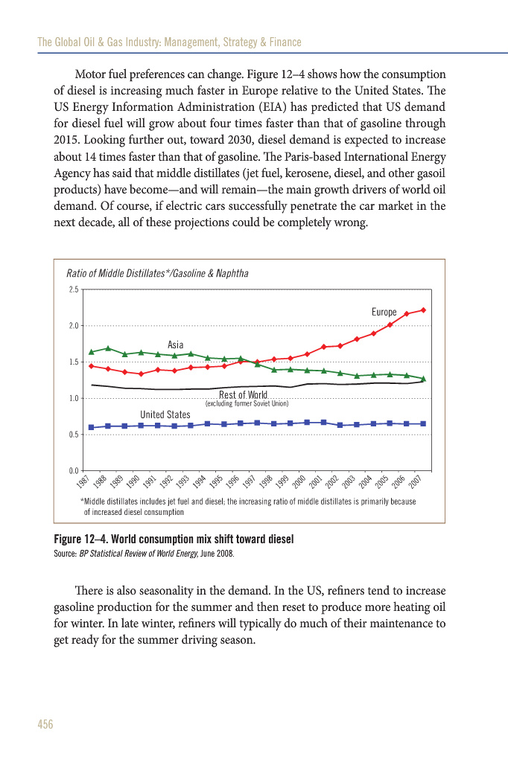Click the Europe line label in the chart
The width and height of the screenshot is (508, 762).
click(384, 313)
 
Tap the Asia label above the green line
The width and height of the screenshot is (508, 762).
click(175, 345)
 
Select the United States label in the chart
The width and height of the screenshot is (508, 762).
click(165, 414)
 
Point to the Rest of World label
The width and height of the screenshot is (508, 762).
click(243, 395)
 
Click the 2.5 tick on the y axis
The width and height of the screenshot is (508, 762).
click(74, 289)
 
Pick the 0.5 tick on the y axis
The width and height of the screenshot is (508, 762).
click(74, 435)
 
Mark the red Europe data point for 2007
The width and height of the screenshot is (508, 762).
click(423, 310)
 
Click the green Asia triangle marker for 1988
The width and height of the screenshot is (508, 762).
click(108, 348)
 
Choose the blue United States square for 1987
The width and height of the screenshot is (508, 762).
click(91, 427)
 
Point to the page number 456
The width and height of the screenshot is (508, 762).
click(45, 724)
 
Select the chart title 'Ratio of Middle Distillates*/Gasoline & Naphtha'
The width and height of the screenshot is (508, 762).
click(157, 273)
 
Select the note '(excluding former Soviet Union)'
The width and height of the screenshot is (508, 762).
click(247, 403)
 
